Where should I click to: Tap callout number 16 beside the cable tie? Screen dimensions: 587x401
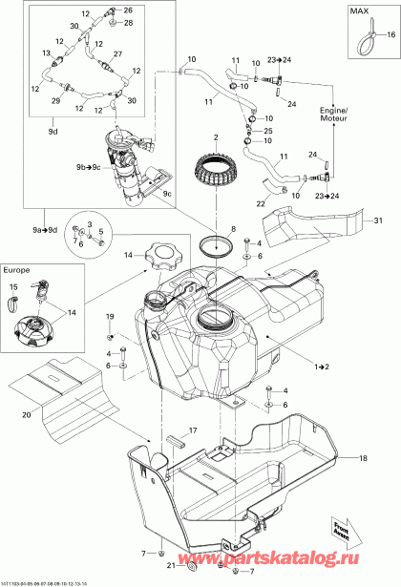(390, 32)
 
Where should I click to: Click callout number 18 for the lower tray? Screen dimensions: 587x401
(363, 458)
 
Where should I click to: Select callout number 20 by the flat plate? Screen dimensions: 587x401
(26, 415)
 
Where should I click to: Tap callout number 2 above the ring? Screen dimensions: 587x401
(217, 137)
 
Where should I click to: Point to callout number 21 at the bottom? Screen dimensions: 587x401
(158, 566)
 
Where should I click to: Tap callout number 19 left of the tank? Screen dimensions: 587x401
(109, 316)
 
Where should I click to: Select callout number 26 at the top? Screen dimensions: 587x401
(128, 10)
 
